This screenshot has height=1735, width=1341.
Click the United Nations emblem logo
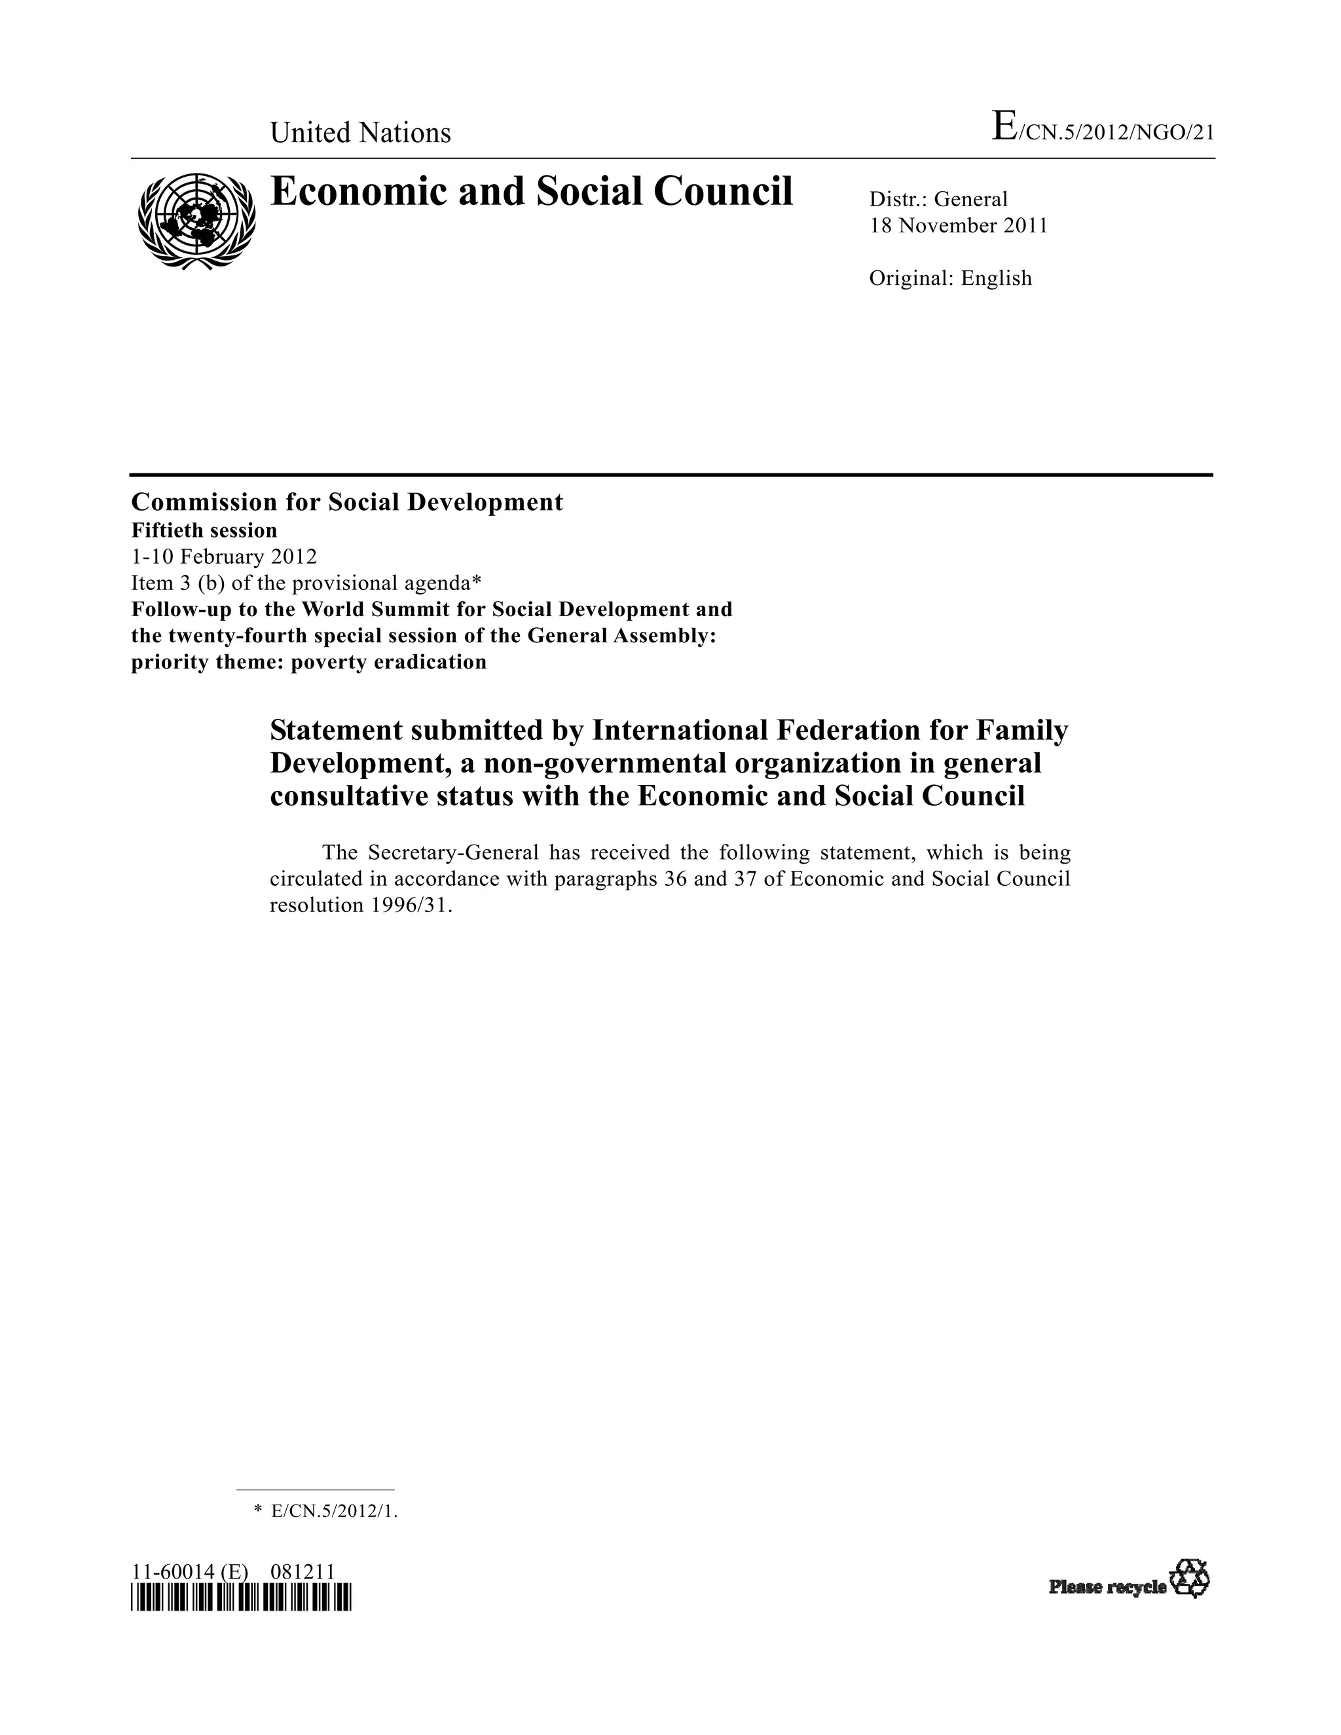(197, 220)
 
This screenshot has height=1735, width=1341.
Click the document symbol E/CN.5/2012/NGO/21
(1103, 130)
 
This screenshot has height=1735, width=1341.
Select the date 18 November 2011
(958, 226)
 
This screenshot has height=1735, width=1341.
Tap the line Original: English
(950, 278)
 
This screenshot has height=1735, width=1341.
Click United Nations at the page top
(360, 133)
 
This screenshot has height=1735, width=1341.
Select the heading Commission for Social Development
(346, 502)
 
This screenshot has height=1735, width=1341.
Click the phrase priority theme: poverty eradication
(308, 662)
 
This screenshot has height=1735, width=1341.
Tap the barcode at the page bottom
(241, 1597)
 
